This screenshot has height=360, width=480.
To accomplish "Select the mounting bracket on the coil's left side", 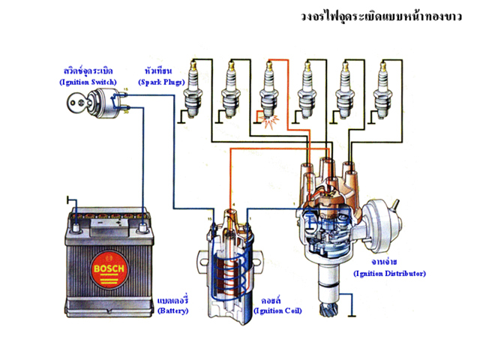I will click(203, 262).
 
